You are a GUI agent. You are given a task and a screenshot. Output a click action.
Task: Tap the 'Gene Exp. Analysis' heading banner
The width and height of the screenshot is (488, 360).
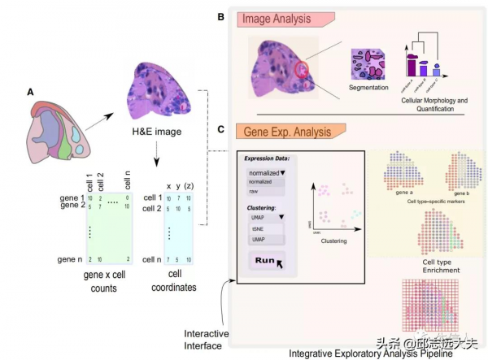[289, 130]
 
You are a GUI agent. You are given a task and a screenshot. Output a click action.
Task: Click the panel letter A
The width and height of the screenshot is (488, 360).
[30, 93]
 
